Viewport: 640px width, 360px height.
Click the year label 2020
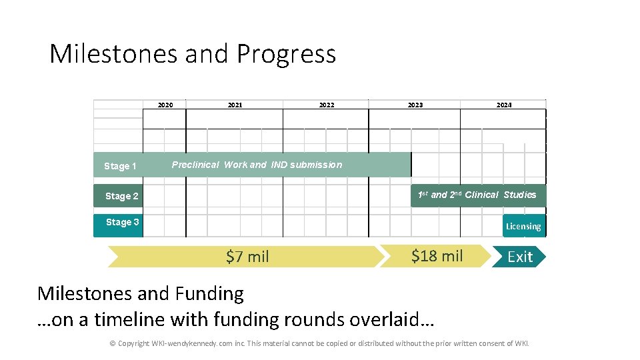pos(165,105)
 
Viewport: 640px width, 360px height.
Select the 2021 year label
pos(235,105)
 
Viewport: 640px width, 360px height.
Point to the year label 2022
pos(327,105)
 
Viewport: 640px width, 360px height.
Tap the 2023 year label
pos(415,105)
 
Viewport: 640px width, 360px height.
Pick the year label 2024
pos(504,105)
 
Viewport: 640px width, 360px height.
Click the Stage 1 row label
pos(120,166)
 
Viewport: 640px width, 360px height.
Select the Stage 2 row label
pos(122,196)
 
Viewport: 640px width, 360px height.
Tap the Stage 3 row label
pos(122,222)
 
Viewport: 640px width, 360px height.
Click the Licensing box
pos(523,226)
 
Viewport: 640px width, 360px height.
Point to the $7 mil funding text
pos(247,257)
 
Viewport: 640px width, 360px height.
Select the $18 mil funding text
pos(437,256)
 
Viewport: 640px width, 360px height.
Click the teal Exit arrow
pos(519,257)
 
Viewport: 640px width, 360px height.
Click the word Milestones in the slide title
pos(113,54)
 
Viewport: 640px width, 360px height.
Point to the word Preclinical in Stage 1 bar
pos(195,165)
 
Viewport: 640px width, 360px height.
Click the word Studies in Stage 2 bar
pos(520,195)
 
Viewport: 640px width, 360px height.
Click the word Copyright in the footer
pos(133,343)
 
